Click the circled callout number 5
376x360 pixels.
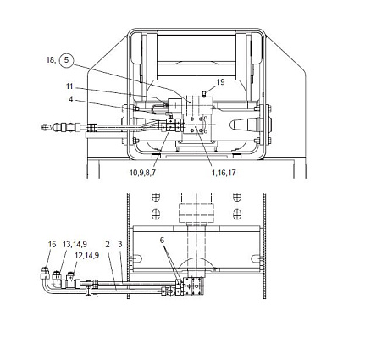66,60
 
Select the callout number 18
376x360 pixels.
51,60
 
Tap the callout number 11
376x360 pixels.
69,86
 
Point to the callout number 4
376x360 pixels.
71,99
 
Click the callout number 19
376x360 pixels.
221,82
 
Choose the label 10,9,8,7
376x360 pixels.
142,173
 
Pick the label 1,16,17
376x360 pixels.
224,173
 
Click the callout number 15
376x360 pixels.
53,244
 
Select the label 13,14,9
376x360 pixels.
75,244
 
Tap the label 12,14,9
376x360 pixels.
87,256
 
